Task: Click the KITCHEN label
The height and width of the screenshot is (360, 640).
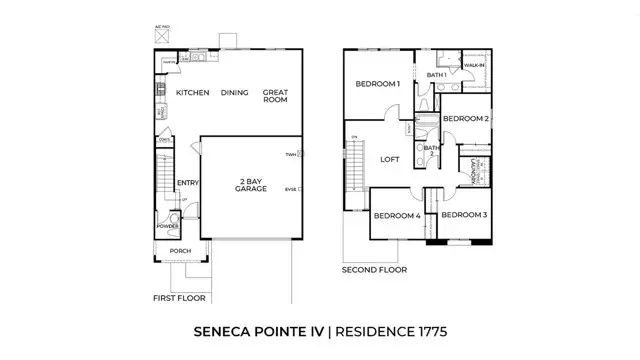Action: (192, 92)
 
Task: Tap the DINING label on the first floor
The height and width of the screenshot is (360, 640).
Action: (234, 92)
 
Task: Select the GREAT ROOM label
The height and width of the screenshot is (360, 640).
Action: (275, 96)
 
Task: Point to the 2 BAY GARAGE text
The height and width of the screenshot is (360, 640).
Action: (250, 186)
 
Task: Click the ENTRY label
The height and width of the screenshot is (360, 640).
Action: (187, 182)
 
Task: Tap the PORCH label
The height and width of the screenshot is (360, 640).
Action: (180, 251)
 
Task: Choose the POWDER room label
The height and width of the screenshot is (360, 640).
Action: (167, 226)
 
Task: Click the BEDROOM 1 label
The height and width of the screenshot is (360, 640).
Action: (377, 84)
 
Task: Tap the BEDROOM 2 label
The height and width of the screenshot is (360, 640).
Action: (465, 119)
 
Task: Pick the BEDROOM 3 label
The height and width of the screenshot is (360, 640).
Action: (464, 215)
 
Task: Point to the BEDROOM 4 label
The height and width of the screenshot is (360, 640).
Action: (396, 215)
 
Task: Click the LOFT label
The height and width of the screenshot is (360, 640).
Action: (389, 158)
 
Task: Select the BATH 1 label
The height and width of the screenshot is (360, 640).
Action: (436, 75)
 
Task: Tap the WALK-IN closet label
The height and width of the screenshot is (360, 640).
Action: (475, 65)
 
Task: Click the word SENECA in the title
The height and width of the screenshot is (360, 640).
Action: (223, 329)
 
